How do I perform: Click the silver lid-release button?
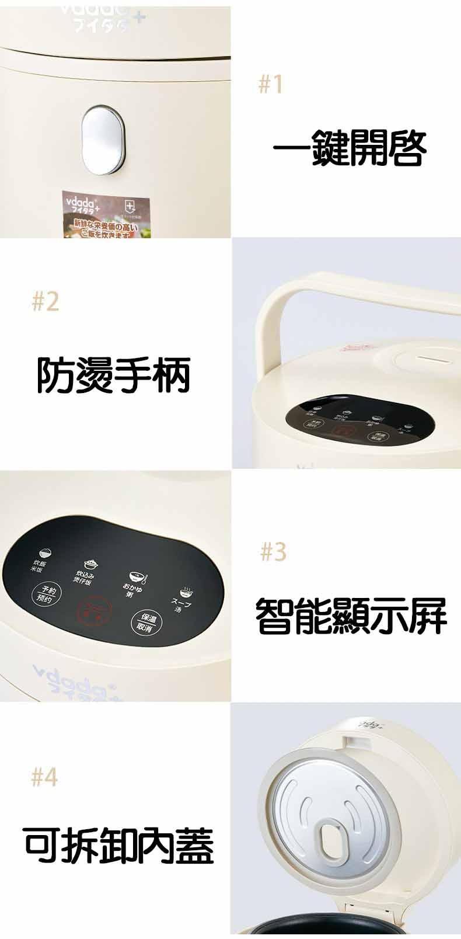point(103,140)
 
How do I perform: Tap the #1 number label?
point(270,85)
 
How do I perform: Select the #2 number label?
point(46,302)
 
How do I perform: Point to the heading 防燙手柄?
point(114,375)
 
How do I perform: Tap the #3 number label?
point(273,551)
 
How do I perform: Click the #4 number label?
point(45,777)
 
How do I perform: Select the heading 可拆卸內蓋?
point(119,845)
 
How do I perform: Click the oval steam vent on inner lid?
point(333,841)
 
